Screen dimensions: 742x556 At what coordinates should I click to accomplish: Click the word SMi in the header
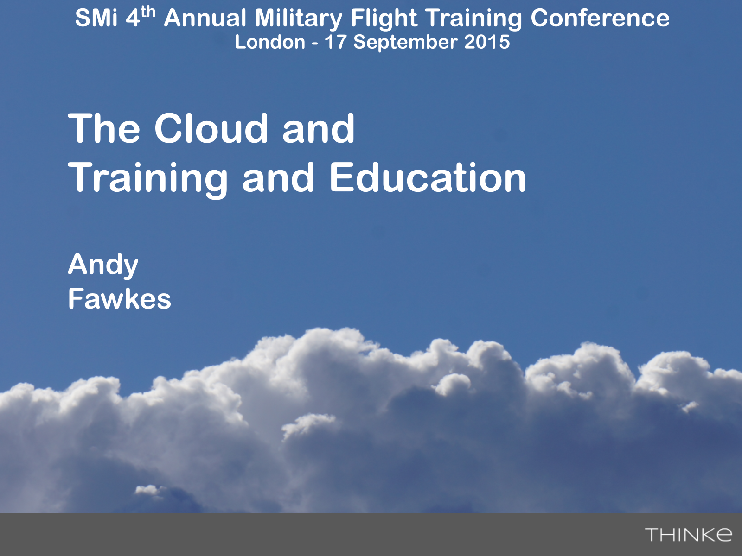tap(96, 18)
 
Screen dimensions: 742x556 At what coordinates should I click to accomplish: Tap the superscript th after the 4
tap(148, 12)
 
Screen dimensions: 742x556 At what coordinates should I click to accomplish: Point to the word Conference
tap(600, 18)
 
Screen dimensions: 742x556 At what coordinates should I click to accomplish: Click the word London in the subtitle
tap(270, 42)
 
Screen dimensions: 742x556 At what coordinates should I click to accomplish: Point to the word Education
tap(428, 178)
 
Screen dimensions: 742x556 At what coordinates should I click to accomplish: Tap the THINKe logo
tap(688, 535)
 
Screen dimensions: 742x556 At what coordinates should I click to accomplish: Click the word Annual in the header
tap(205, 18)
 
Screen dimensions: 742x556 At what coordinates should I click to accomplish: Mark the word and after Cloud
tap(319, 128)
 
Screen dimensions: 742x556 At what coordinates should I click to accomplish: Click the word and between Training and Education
tap(279, 178)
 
